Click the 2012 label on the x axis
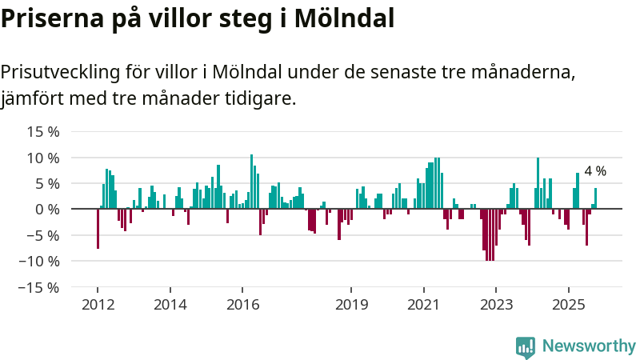coord(98,305)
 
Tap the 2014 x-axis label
coord(170,305)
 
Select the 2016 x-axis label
coord(242,305)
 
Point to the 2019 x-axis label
coord(351,305)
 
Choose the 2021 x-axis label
coord(423,305)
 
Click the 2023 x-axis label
coord(496,305)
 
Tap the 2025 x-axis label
coord(568,305)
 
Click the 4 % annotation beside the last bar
coord(595,171)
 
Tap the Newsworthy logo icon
coord(526,346)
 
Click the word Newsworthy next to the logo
coord(589,346)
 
